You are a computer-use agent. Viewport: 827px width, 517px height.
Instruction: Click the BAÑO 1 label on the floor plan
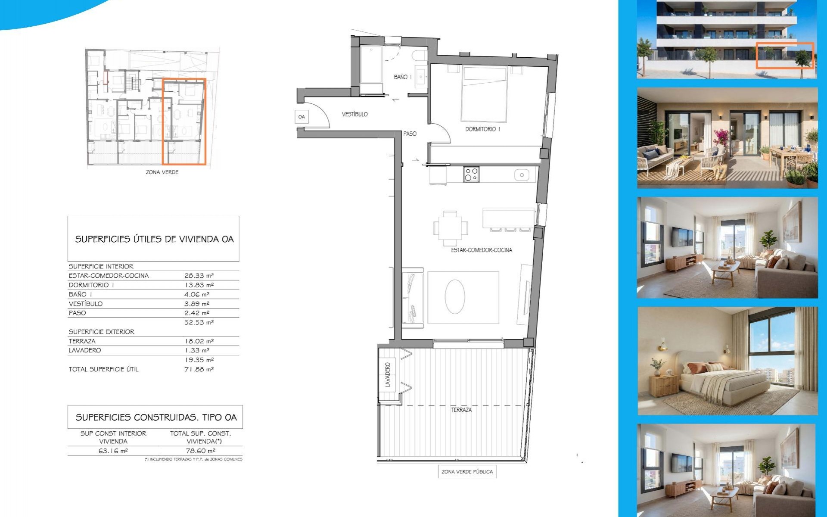click(402, 77)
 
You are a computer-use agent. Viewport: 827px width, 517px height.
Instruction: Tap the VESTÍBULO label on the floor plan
click(355, 114)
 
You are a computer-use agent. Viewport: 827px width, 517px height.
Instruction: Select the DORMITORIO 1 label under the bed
click(482, 129)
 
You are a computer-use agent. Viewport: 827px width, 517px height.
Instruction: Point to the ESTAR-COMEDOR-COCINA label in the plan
click(482, 250)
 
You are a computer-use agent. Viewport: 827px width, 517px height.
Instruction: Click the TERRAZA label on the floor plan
click(461, 410)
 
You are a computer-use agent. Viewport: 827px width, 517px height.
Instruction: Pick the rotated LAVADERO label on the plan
click(388, 374)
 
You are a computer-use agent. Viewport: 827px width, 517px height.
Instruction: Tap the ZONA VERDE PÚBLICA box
click(467, 472)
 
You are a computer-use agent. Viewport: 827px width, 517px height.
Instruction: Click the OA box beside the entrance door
click(302, 117)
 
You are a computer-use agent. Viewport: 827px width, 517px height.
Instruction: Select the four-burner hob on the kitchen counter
click(471, 174)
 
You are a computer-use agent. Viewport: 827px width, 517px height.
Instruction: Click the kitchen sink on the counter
click(522, 175)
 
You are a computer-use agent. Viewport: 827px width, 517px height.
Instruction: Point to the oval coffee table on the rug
click(455, 296)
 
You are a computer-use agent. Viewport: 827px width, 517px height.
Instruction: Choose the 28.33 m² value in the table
click(199, 276)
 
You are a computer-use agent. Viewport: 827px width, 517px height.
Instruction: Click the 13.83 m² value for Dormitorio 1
click(199, 285)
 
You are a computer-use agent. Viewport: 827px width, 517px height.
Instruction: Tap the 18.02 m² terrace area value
click(199, 341)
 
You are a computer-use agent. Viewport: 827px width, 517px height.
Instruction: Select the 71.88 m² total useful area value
click(199, 369)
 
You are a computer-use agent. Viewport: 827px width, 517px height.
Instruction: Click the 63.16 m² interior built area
click(113, 451)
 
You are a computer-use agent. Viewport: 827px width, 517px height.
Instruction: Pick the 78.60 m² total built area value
click(200, 451)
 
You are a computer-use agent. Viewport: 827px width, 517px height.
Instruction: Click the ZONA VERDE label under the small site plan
click(162, 172)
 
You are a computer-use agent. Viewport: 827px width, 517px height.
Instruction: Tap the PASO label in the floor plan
click(410, 134)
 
